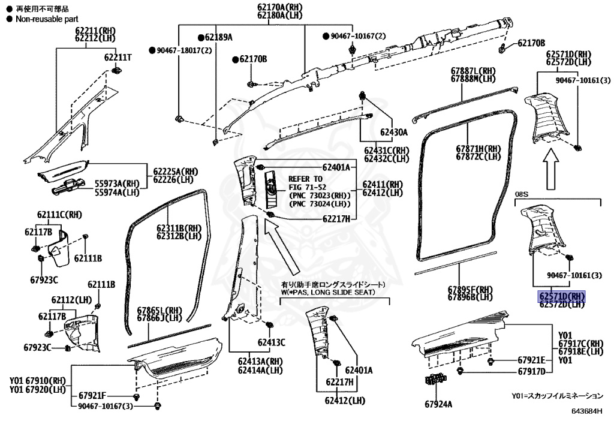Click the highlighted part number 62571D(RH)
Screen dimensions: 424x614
tap(561, 296)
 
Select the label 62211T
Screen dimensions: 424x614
tap(118, 58)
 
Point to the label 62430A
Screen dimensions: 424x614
tap(392, 132)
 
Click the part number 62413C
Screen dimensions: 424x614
tap(272, 342)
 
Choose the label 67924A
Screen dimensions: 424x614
tap(439, 405)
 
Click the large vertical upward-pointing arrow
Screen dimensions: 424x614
tap(551, 169)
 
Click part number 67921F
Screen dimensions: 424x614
tap(92, 396)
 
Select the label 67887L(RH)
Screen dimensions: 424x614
tap(473, 70)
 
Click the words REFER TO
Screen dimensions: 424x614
tap(305, 179)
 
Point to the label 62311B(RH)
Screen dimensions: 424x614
tap(179, 228)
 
